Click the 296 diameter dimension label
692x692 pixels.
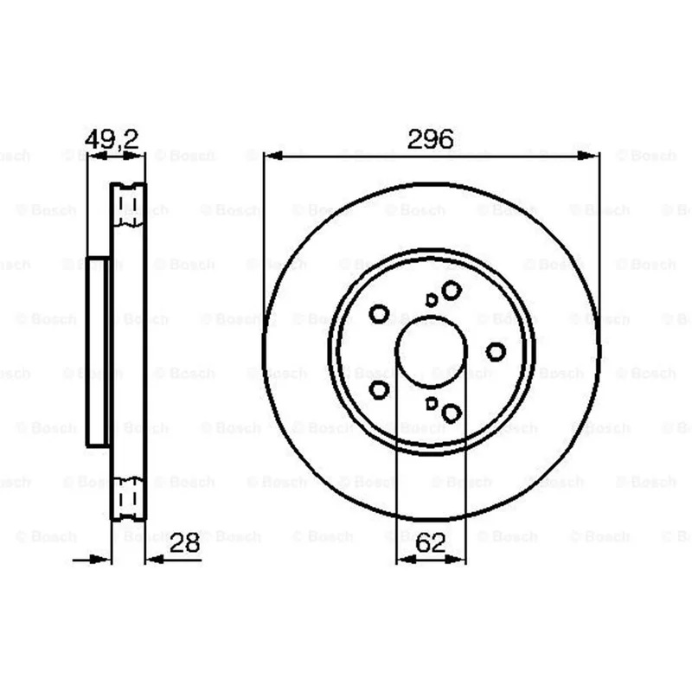(430, 139)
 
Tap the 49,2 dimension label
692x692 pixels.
(112, 139)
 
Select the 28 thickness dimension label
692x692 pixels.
(184, 542)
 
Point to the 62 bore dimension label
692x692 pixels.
(430, 542)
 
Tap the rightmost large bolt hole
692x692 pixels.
(496, 352)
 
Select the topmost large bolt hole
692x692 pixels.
(452, 290)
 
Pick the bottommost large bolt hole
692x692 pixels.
(452, 413)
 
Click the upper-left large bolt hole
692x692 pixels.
(379, 314)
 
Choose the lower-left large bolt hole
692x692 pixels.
(379, 390)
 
